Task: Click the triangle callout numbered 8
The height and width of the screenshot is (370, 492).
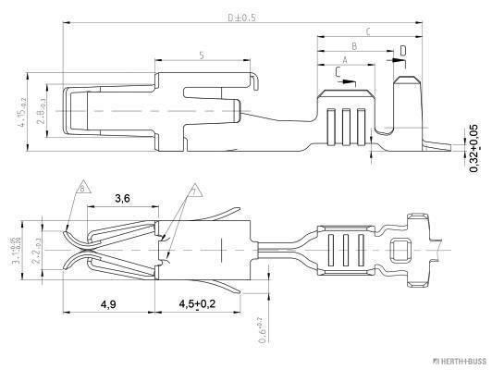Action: pyautogui.click(x=82, y=189)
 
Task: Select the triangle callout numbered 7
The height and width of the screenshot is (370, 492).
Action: pyautogui.click(x=194, y=191)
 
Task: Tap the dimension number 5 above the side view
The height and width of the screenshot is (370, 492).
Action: pyautogui.click(x=201, y=55)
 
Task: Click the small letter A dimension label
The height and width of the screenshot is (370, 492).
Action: pyautogui.click(x=344, y=57)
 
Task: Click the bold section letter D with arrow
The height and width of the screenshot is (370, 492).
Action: pyautogui.click(x=402, y=49)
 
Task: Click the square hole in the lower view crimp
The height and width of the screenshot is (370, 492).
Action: pyautogui.click(x=400, y=249)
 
